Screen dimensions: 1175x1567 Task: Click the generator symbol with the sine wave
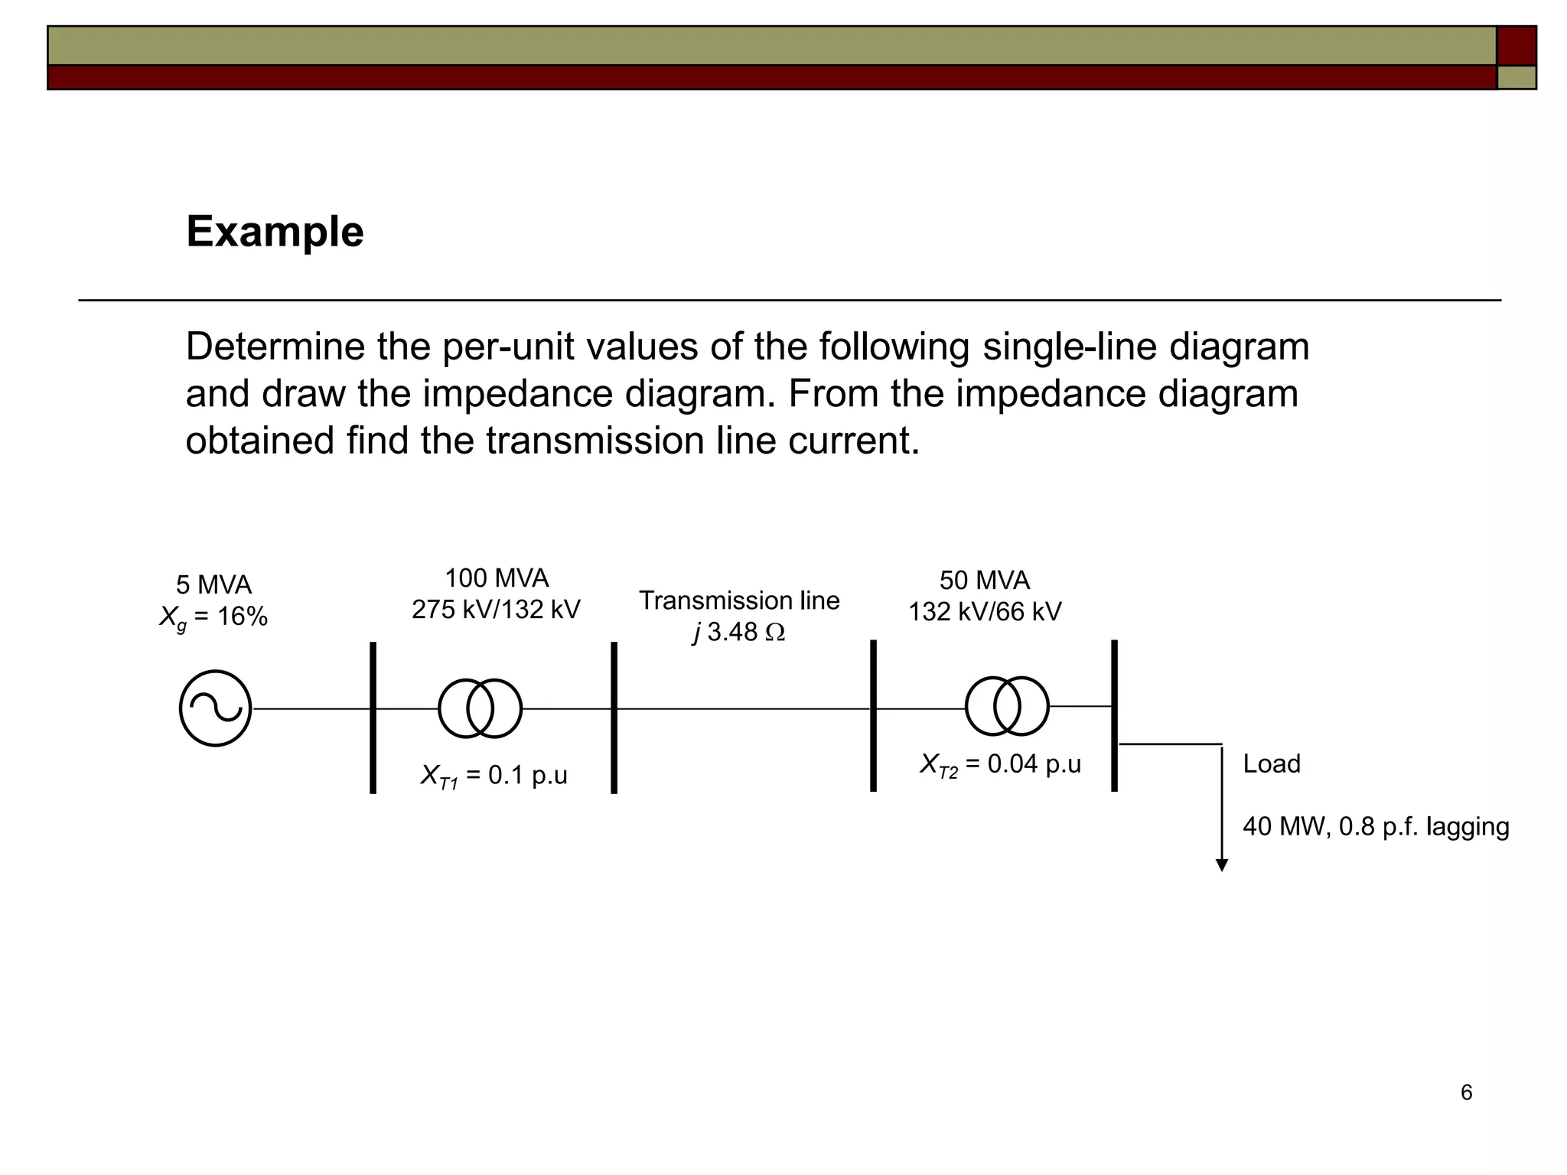(x=215, y=708)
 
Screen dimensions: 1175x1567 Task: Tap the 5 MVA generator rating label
(x=213, y=585)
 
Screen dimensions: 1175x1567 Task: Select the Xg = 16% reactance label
(x=213, y=617)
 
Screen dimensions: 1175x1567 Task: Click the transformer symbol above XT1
(x=481, y=708)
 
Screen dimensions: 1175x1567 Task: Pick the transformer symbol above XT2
(x=1007, y=706)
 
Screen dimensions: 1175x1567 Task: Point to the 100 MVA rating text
(x=497, y=578)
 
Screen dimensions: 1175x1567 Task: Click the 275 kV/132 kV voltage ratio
(x=496, y=610)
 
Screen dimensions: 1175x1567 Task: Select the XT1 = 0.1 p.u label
(x=494, y=776)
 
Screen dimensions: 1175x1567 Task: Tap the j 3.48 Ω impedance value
(x=739, y=633)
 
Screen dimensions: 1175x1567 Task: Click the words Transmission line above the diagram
(x=739, y=601)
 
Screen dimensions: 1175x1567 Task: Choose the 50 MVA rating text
(x=985, y=581)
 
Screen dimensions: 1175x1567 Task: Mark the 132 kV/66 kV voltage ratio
(x=985, y=612)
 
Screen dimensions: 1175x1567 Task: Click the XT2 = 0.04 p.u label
(x=1001, y=764)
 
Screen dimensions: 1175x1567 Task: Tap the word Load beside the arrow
(x=1272, y=764)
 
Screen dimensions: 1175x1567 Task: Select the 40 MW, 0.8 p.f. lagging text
(x=1376, y=827)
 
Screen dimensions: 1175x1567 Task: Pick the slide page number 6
(x=1466, y=1092)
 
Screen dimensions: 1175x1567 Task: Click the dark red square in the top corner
(x=1516, y=45)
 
